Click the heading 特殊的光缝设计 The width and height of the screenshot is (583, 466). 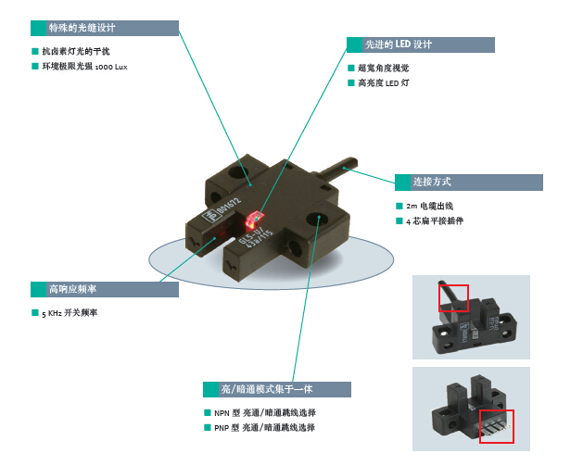(x=82, y=28)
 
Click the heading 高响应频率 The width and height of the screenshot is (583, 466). (x=70, y=289)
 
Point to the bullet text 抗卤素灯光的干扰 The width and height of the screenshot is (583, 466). (x=82, y=52)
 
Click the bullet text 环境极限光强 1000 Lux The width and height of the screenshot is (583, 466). (x=91, y=68)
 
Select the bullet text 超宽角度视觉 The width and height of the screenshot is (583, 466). (x=383, y=69)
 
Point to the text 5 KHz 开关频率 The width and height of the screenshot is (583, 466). (x=70, y=313)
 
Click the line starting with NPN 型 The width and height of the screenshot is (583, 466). (x=265, y=412)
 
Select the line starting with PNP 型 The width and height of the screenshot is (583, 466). (x=265, y=428)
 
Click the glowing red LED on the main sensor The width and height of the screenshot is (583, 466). (x=250, y=221)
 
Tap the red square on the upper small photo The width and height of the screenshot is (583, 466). (x=453, y=298)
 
